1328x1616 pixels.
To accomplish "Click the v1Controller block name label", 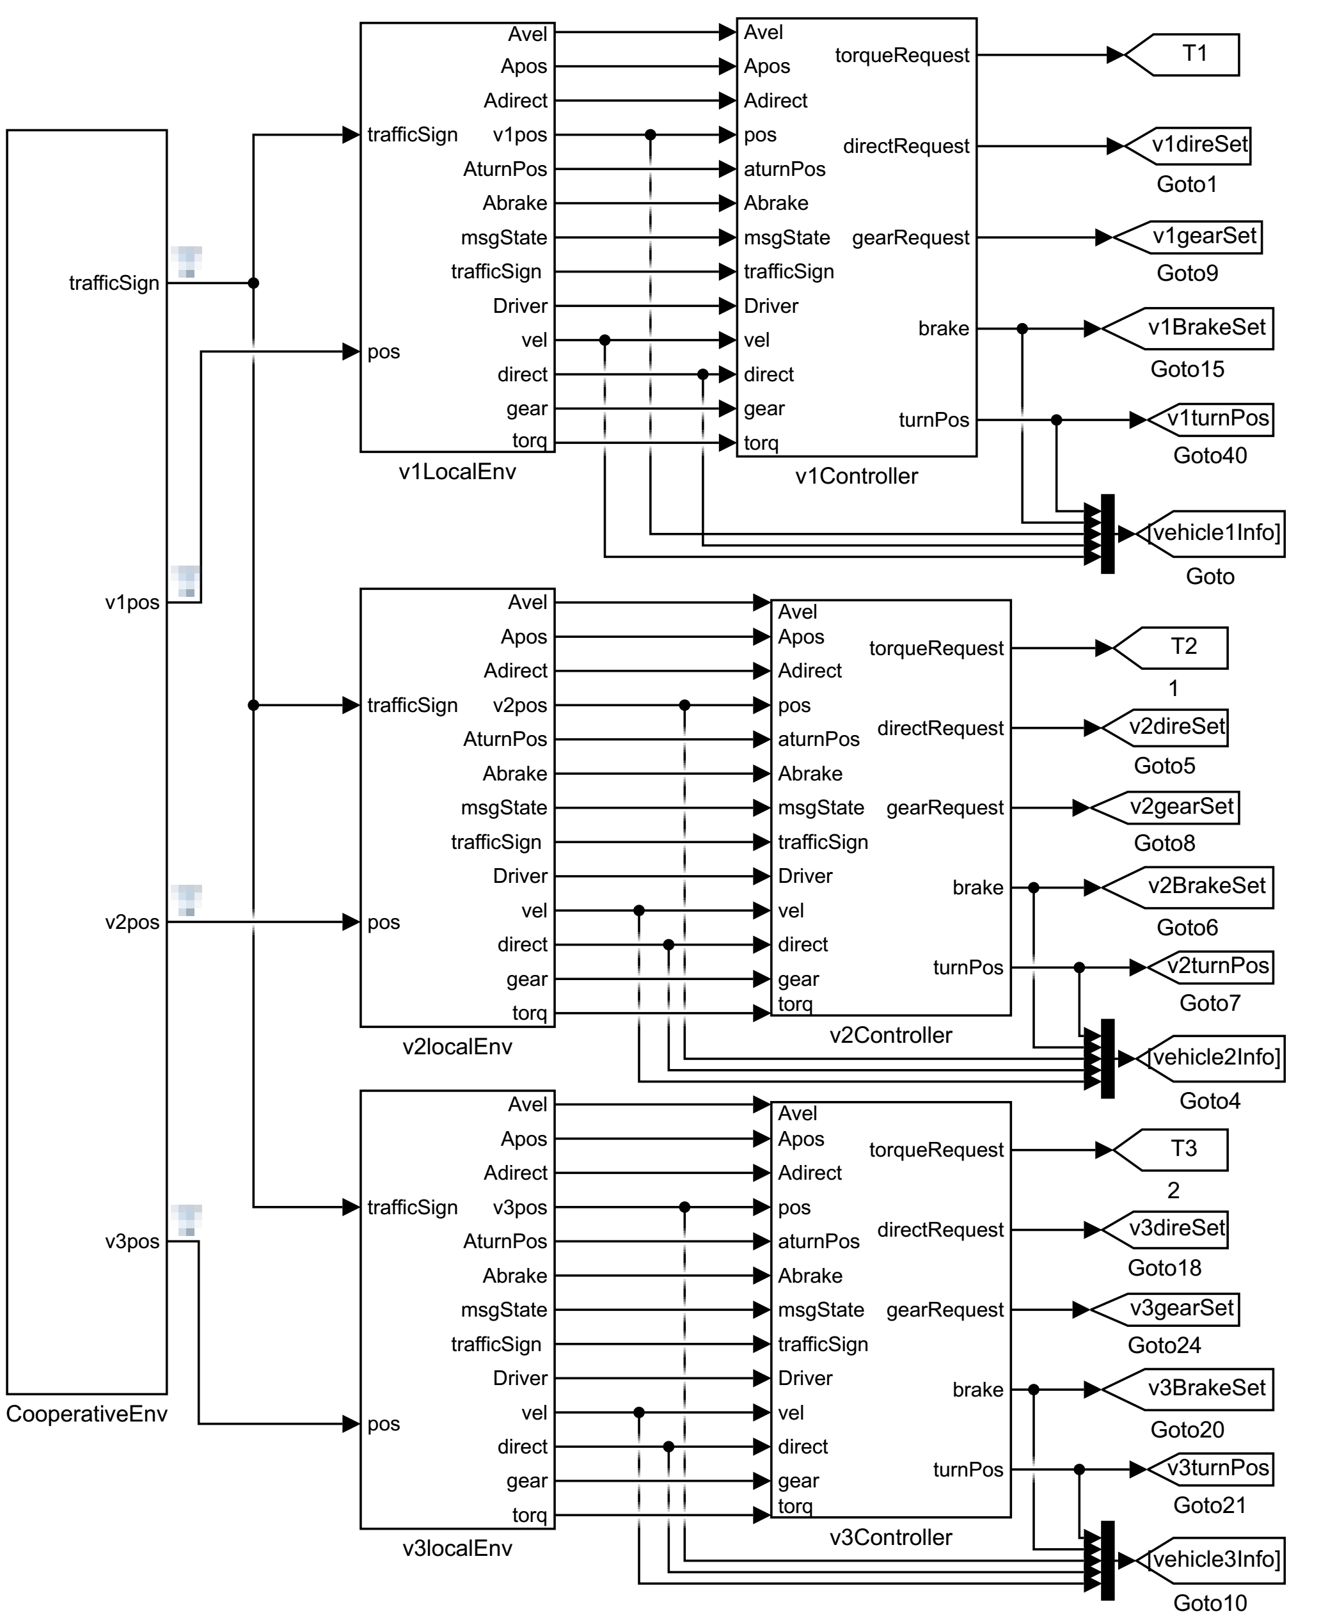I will click(856, 476).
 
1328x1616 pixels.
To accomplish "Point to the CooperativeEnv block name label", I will click(86, 1413).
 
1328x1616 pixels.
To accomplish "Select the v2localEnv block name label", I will click(457, 1046).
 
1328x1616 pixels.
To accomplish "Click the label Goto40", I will click(1210, 455).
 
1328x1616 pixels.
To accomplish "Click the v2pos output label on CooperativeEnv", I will click(132, 922).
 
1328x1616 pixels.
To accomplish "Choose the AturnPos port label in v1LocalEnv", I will click(505, 169).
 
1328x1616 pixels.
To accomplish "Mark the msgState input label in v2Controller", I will click(820, 807).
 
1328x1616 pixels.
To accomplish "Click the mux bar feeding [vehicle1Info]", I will click(1107, 534).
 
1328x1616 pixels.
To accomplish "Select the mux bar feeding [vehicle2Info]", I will click(1107, 1058).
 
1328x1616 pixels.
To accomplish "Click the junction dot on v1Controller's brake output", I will click(1022, 329).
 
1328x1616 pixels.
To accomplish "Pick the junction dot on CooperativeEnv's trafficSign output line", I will click(253, 283).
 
